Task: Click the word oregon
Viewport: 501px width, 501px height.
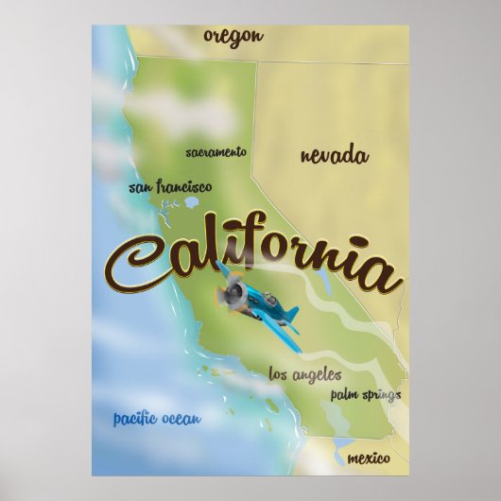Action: click(x=232, y=37)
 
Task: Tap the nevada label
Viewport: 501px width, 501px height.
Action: click(x=334, y=156)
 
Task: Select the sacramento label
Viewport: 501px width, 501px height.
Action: click(x=216, y=151)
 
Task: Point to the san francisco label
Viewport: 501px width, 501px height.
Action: click(x=170, y=187)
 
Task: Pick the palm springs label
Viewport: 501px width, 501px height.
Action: click(x=365, y=394)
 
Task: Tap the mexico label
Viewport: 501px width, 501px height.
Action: click(x=368, y=458)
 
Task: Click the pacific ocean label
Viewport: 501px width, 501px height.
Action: click(x=157, y=419)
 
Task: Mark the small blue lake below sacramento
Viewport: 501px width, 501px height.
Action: click(x=193, y=201)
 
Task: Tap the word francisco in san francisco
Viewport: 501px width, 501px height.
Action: click(x=183, y=187)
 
